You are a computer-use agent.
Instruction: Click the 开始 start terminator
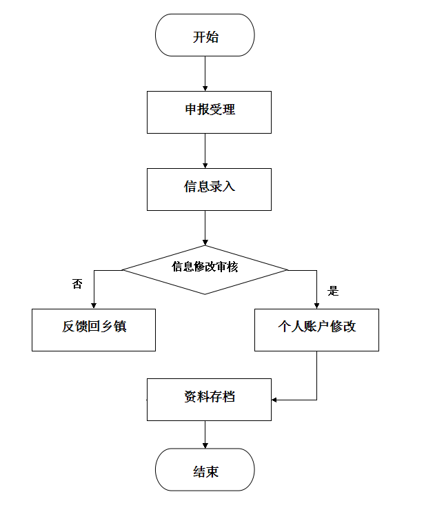205,35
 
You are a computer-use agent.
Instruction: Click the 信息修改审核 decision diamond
205,269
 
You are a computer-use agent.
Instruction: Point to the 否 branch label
77,284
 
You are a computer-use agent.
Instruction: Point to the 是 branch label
333,291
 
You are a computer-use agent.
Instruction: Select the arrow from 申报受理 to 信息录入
205,151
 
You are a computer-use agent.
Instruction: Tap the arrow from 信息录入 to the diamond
205,227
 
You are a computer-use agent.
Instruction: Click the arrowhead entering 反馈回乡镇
94,306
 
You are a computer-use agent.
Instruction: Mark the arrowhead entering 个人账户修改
316,306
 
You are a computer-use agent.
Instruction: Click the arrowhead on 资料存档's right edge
274,400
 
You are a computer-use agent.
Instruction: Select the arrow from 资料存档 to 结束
205,434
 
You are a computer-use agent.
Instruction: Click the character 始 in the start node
212,37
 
